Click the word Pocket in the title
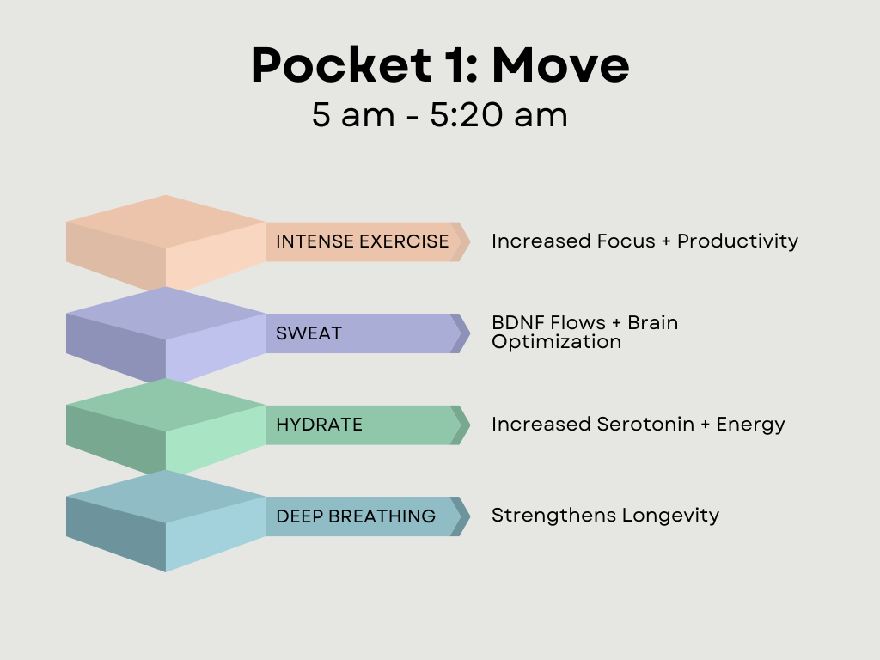click(x=341, y=64)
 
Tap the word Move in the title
click(x=560, y=65)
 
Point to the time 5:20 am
click(x=499, y=115)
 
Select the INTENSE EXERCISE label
click(x=362, y=241)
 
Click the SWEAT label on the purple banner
click(x=309, y=333)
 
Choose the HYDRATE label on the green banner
click(x=319, y=425)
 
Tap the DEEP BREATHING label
click(x=356, y=516)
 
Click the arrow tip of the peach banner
click(x=470, y=241)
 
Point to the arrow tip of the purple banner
click(x=470, y=333)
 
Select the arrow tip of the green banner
click(x=470, y=425)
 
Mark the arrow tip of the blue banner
click(x=470, y=516)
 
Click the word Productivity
click(x=737, y=241)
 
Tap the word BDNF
click(x=519, y=323)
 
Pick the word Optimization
click(x=556, y=342)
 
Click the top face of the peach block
click(x=166, y=222)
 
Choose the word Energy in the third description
click(x=750, y=425)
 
